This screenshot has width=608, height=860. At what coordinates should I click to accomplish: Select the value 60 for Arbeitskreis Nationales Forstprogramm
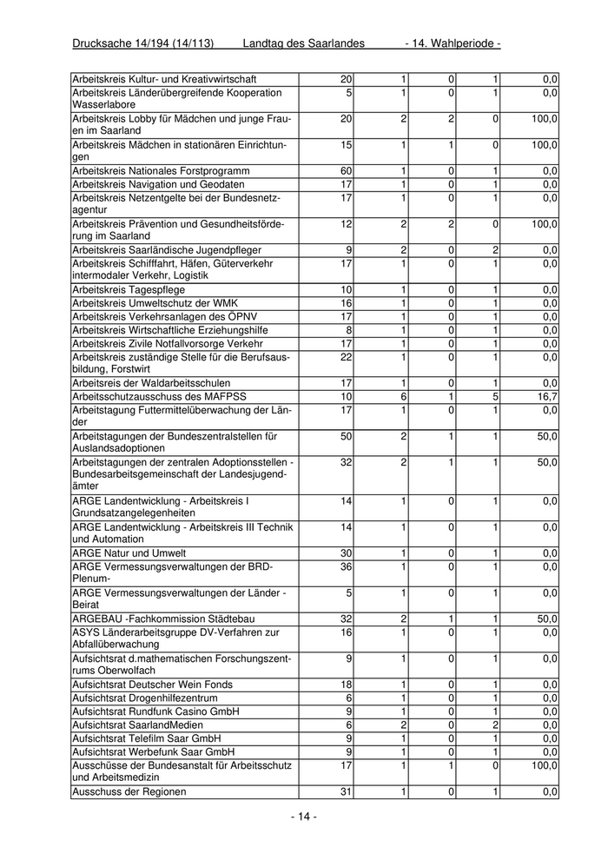pyautogui.click(x=346, y=171)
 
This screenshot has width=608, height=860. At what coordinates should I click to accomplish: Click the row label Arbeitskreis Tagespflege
pyautogui.click(x=128, y=289)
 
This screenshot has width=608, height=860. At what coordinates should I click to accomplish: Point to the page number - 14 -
pyautogui.click(x=303, y=817)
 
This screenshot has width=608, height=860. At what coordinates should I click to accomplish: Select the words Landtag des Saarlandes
pyautogui.click(x=303, y=43)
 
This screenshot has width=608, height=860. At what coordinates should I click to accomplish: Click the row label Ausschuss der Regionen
pyautogui.click(x=129, y=792)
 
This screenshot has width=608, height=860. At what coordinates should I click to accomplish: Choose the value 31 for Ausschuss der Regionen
pyautogui.click(x=346, y=792)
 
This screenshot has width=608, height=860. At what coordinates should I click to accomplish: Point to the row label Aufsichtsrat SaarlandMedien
pyautogui.click(x=137, y=724)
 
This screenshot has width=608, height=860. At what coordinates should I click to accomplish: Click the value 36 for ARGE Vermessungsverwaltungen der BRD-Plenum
pyautogui.click(x=346, y=567)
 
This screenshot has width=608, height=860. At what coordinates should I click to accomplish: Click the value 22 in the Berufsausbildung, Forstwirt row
pyautogui.click(x=346, y=357)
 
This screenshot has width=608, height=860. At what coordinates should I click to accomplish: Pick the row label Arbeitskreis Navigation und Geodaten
pyautogui.click(x=158, y=184)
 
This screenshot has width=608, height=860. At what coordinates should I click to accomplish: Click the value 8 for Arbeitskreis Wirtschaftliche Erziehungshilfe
pyautogui.click(x=348, y=330)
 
